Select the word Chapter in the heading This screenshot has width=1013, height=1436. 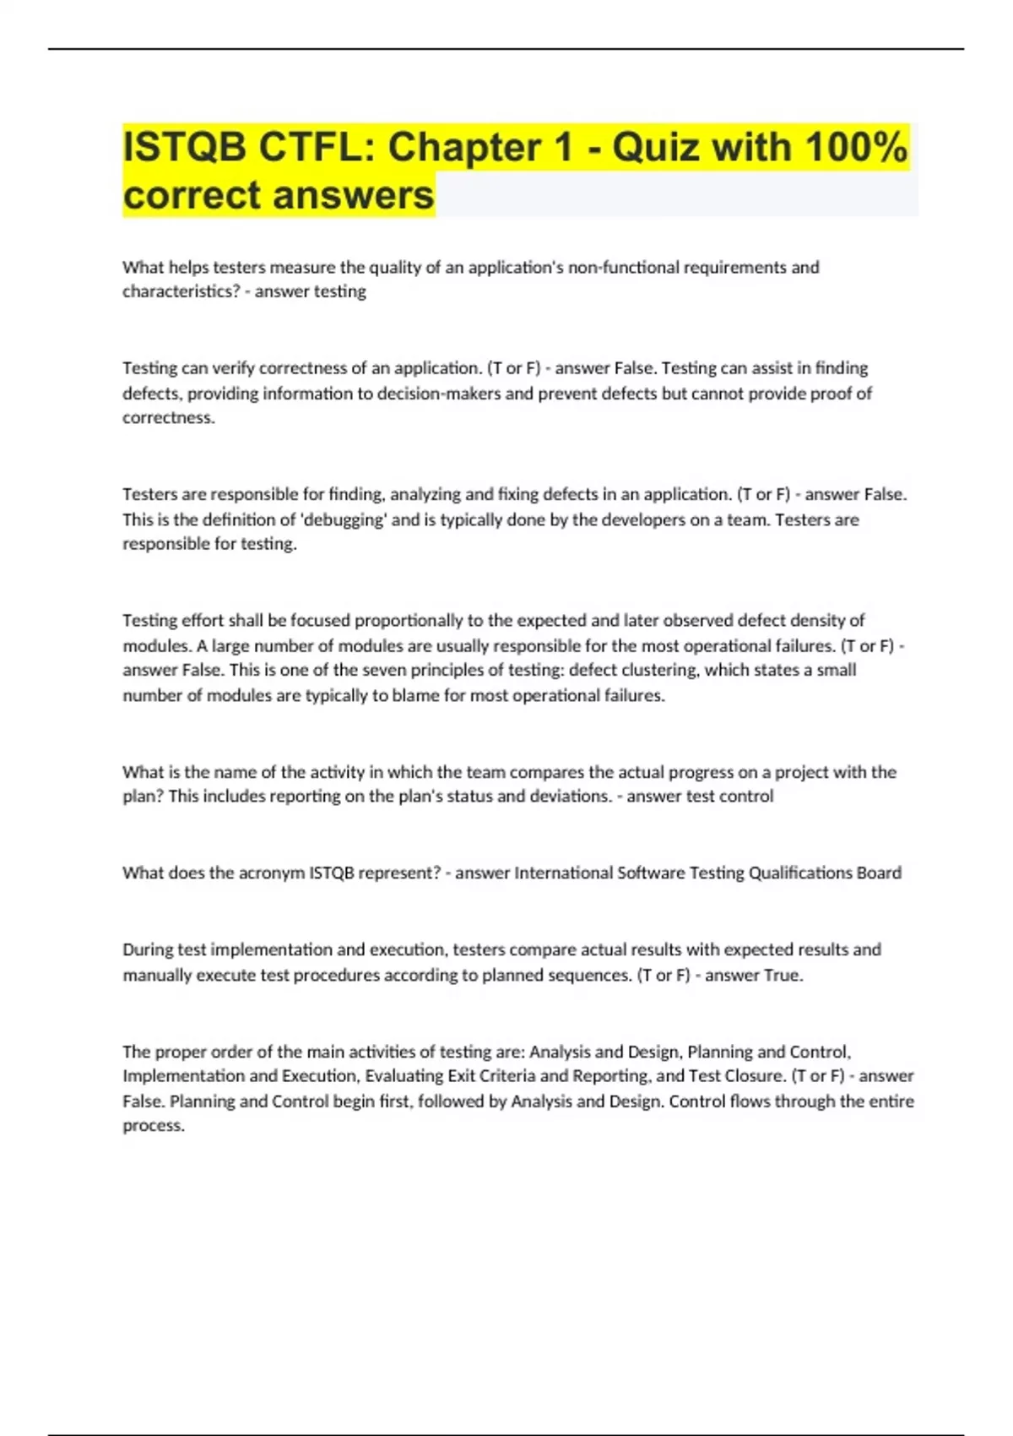point(465,147)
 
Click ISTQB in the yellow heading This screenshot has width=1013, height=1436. point(185,147)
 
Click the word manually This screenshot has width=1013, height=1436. point(157,976)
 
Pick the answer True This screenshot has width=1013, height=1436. point(783,976)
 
